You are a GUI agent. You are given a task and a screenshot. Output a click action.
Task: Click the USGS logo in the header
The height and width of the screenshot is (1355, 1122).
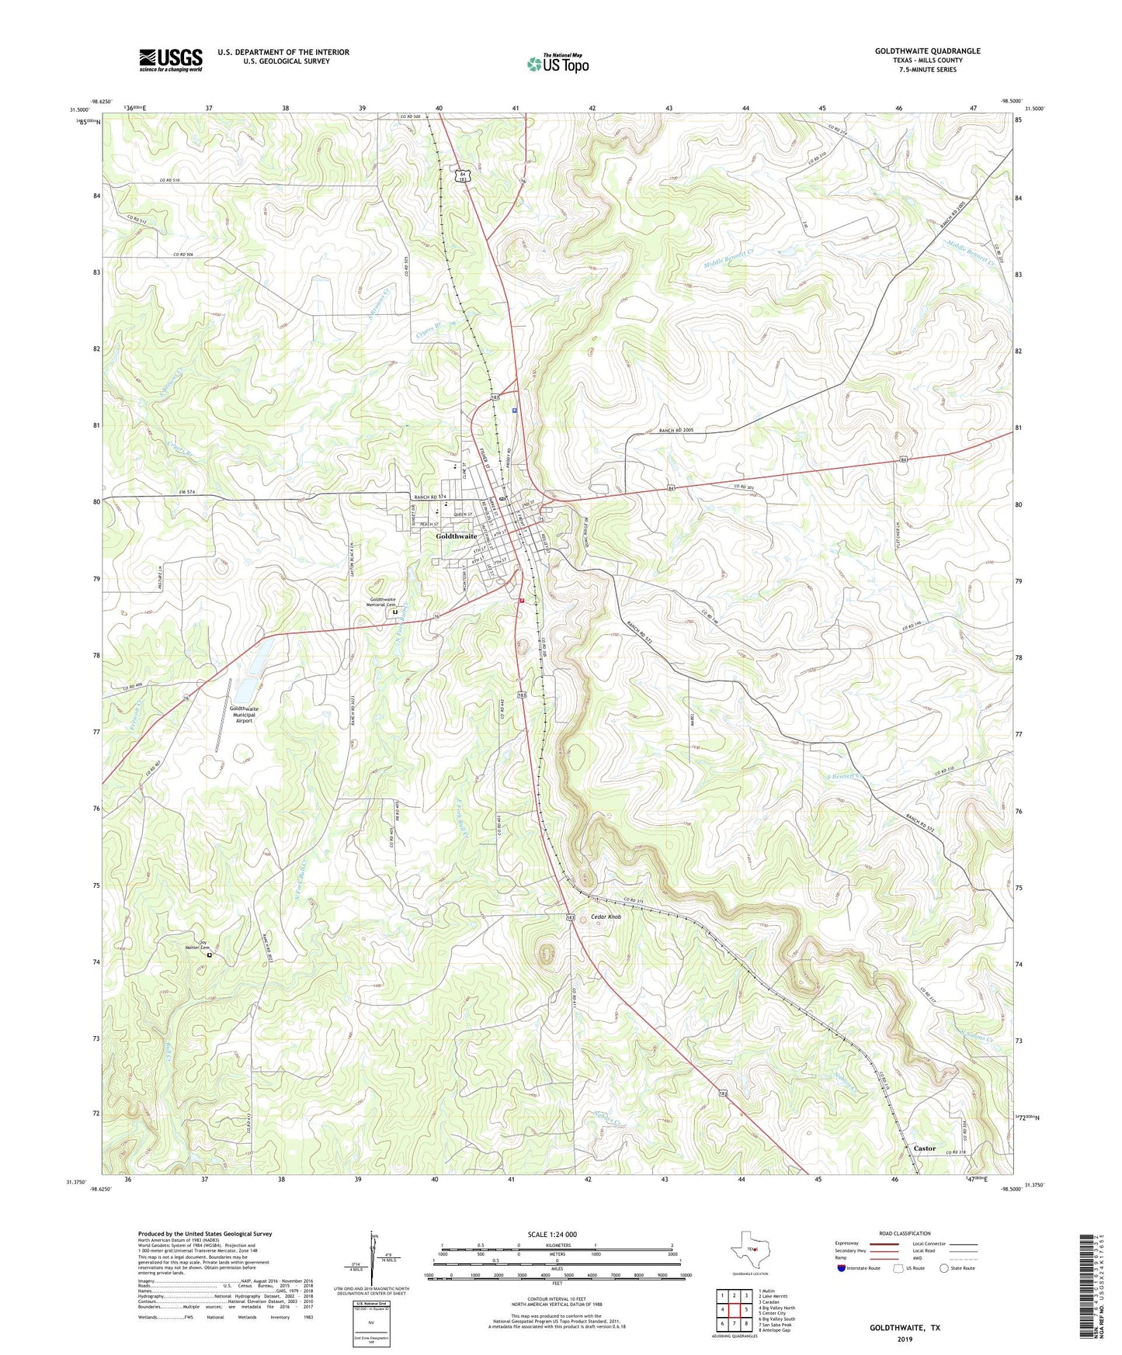[171, 60]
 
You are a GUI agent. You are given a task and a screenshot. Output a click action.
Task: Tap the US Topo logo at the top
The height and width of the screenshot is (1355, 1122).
[558, 64]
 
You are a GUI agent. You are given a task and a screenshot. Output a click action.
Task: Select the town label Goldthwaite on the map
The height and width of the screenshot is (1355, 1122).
[457, 536]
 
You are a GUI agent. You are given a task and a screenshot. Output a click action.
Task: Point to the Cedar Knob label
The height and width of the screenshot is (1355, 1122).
[606, 917]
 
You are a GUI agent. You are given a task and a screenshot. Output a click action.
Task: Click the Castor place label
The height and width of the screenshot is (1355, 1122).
[924, 1148]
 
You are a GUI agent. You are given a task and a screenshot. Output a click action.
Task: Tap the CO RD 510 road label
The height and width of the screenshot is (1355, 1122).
[169, 180]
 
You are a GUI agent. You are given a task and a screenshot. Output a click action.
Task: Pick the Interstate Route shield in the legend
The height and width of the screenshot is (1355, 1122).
[841, 1268]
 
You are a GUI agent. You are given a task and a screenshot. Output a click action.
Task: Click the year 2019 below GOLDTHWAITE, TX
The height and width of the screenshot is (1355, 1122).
[905, 1339]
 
